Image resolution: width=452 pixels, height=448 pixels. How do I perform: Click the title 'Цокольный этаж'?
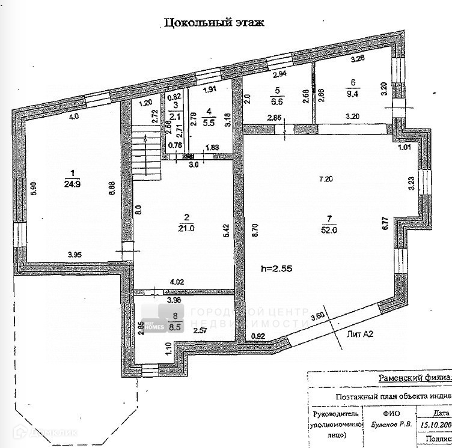click(213, 23)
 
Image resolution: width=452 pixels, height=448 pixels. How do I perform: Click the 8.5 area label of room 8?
click(175, 328)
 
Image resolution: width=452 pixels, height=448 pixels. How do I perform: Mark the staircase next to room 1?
click(143, 155)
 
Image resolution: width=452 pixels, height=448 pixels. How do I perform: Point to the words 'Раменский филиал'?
click(414, 378)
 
